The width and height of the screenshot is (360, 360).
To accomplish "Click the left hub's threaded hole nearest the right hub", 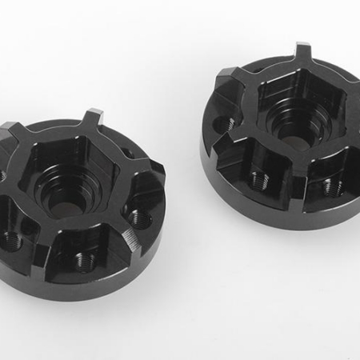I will pos(139,218).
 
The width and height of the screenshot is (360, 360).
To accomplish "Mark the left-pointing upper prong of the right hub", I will pos(226,76).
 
